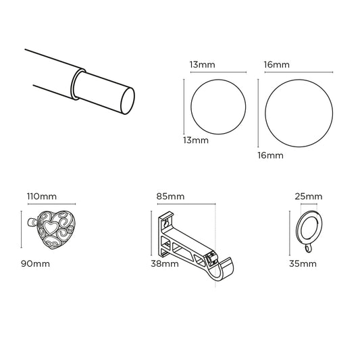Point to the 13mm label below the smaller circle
click(196, 141)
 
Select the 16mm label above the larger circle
click(276, 65)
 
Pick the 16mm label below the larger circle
click(270, 156)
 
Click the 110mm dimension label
click(41, 197)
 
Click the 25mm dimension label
click(309, 197)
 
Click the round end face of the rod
click(127, 102)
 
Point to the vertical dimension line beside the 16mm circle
click(259, 111)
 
